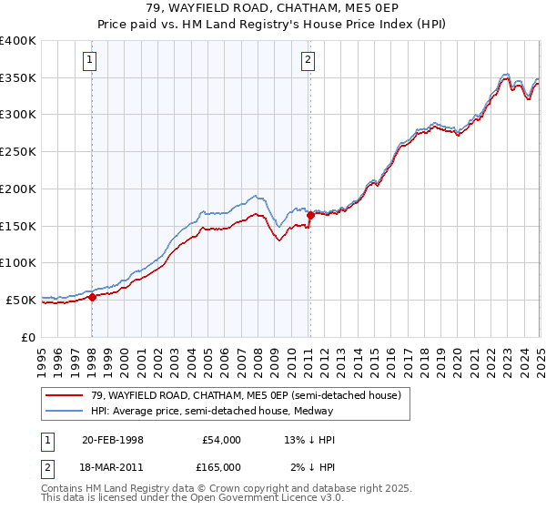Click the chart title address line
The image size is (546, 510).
click(272, 9)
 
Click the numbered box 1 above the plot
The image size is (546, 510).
click(91, 61)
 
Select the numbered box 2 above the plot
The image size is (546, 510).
click(309, 61)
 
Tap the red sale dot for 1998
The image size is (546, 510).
click(92, 297)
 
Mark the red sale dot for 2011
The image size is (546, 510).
click(310, 216)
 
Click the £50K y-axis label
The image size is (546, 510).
click(21, 299)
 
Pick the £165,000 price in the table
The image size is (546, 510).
click(221, 467)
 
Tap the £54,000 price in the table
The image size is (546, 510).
click(221, 440)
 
